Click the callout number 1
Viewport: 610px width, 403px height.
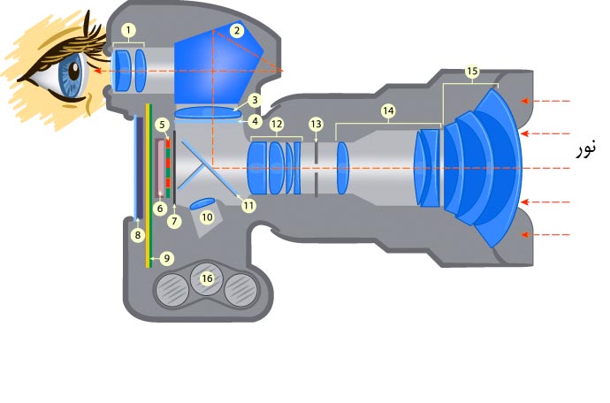click(x=128, y=30)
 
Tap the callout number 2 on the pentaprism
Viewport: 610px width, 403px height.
click(x=237, y=31)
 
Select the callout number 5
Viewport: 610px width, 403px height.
click(x=162, y=125)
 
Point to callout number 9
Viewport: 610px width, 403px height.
click(x=166, y=258)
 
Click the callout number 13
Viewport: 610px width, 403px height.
click(x=316, y=125)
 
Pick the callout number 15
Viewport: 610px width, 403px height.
click(x=471, y=72)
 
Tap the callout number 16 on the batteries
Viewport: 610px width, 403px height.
click(x=207, y=278)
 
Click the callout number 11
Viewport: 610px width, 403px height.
click(x=248, y=205)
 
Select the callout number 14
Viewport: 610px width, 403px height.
click(x=388, y=111)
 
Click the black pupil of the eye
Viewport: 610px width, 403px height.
click(x=73, y=71)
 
